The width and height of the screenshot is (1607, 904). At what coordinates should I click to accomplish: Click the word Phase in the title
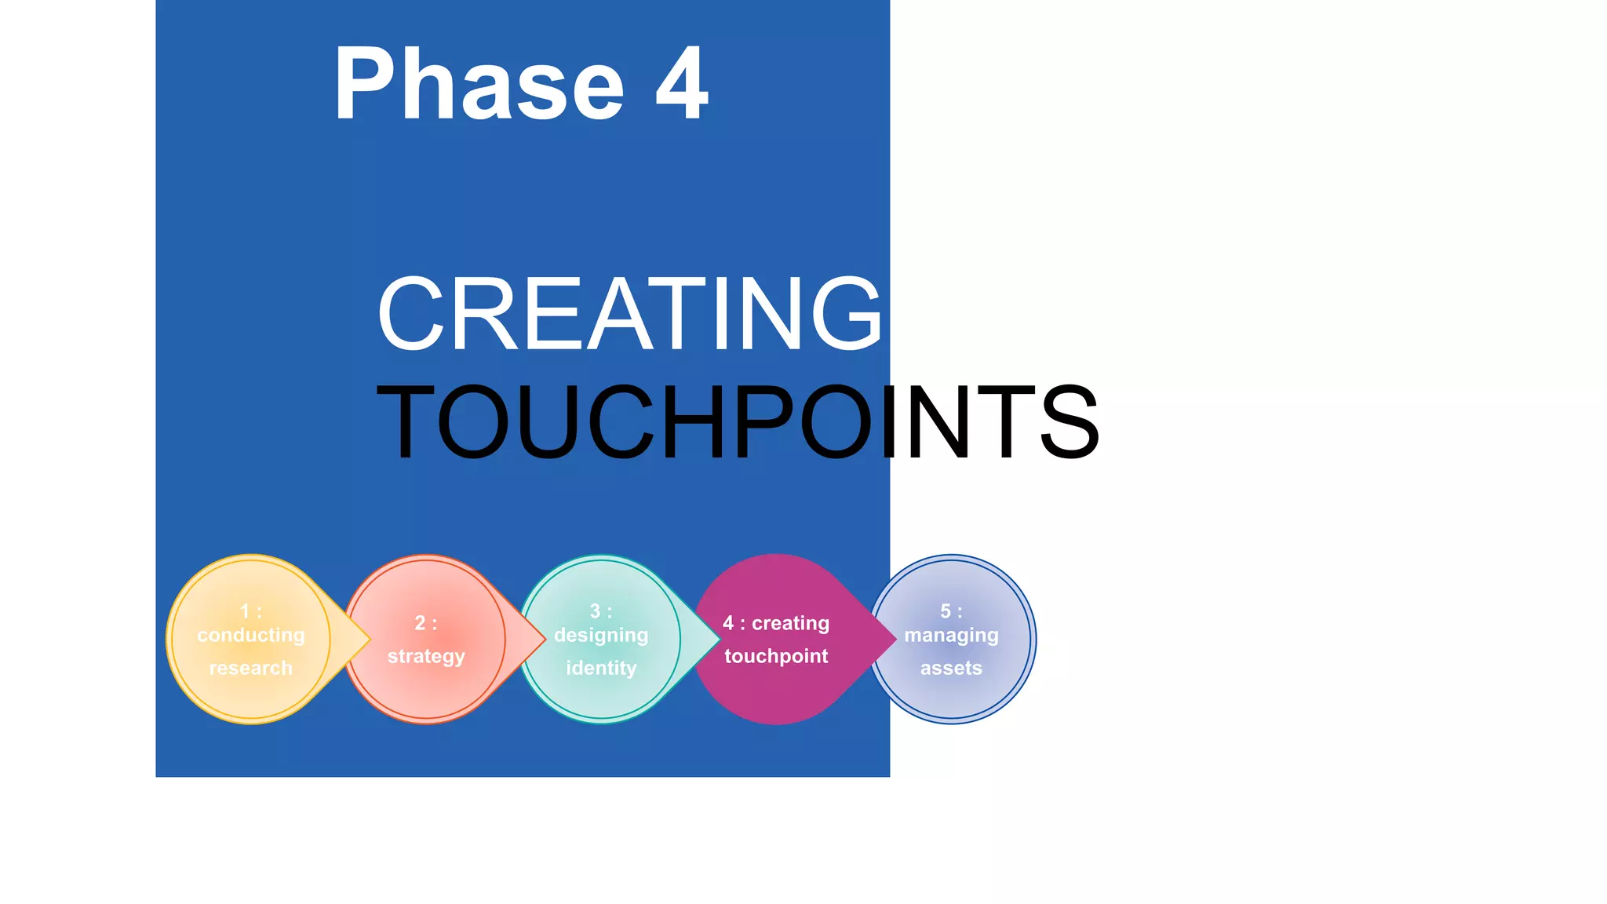pyautogui.click(x=478, y=83)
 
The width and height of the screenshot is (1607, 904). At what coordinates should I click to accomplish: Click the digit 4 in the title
pyautogui.click(x=682, y=83)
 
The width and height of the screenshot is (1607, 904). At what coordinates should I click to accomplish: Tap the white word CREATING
pyautogui.click(x=630, y=313)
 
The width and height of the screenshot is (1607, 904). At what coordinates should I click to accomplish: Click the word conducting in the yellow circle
pyautogui.click(x=251, y=635)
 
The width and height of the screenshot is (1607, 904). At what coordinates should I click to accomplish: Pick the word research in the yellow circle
pyautogui.click(x=251, y=668)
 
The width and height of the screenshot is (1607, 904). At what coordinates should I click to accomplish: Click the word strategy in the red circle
pyautogui.click(x=426, y=656)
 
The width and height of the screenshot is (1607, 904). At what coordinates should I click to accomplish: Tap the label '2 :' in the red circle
pyautogui.click(x=426, y=623)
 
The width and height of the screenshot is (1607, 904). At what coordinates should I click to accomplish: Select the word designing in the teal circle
pyautogui.click(x=601, y=635)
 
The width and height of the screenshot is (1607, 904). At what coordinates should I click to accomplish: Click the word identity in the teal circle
pyautogui.click(x=601, y=668)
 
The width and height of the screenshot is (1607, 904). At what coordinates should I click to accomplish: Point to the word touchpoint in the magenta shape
pyautogui.click(x=776, y=656)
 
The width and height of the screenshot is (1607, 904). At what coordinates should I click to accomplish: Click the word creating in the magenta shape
pyautogui.click(x=790, y=623)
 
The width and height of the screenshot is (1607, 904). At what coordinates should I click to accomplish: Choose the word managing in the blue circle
pyautogui.click(x=951, y=635)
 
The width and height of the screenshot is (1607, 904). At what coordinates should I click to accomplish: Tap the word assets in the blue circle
pyautogui.click(x=951, y=668)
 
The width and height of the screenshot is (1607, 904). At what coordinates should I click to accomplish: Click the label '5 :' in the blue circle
pyautogui.click(x=951, y=611)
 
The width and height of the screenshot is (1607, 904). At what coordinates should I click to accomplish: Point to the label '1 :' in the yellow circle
pyautogui.click(x=251, y=611)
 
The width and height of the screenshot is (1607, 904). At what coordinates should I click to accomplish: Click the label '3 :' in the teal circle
pyautogui.click(x=601, y=611)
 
